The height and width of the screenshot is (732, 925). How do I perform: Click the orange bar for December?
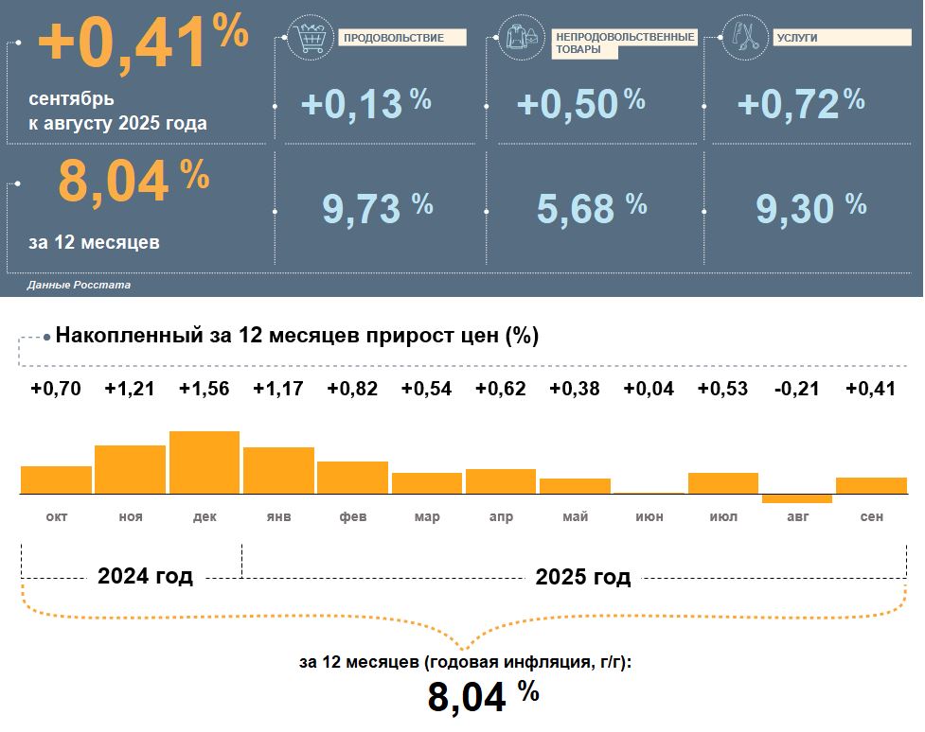[x=205, y=462]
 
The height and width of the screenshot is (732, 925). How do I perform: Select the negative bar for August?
[x=796, y=498]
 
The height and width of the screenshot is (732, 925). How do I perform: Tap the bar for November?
[x=130, y=469]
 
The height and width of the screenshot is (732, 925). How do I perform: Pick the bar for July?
[x=722, y=483]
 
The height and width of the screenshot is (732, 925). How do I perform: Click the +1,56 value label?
[x=204, y=389]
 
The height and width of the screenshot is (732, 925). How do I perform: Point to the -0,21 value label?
[x=796, y=389]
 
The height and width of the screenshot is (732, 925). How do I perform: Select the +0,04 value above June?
[x=649, y=389]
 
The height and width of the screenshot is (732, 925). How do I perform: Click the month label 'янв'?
[x=278, y=517]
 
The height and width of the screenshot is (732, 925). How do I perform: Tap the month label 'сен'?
[x=871, y=517]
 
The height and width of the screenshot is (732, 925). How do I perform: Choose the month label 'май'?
[x=575, y=517]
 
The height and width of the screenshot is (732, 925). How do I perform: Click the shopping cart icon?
[x=311, y=39]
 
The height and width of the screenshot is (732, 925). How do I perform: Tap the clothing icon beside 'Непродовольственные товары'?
[x=522, y=39]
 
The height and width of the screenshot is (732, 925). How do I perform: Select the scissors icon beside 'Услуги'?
[x=746, y=38]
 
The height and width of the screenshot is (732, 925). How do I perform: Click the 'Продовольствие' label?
[x=400, y=39]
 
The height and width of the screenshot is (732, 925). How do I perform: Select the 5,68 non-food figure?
[x=577, y=209]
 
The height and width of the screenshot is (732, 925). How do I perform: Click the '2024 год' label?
[x=145, y=577]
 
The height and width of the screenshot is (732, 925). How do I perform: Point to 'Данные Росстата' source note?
[x=80, y=285]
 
